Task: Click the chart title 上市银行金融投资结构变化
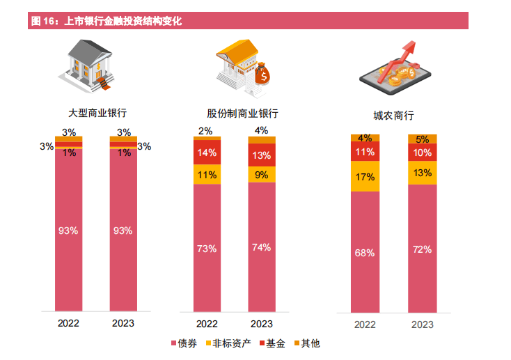123,22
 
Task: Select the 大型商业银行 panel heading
97,112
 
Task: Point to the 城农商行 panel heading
393,116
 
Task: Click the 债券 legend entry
183,343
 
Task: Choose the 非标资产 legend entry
227,343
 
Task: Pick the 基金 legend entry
272,343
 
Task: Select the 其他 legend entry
306,343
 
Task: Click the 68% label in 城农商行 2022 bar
365,253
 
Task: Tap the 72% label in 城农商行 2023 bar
422,249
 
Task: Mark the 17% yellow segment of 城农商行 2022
365,177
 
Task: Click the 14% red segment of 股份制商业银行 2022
207,153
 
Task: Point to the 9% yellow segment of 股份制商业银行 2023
262,175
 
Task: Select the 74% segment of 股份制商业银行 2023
262,247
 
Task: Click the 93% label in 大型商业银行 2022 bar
69,230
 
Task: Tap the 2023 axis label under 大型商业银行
123,323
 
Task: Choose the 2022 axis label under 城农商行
365,324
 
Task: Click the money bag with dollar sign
263,73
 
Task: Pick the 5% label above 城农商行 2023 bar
422,139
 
